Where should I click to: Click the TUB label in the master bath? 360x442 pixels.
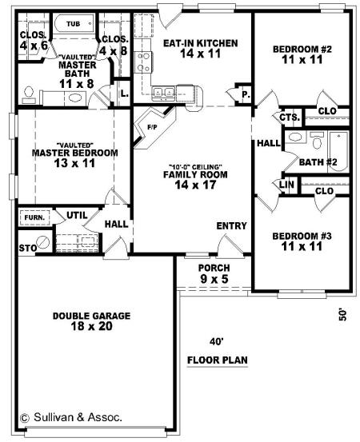click(x=74, y=24)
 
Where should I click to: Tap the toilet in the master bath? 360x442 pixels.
click(x=29, y=95)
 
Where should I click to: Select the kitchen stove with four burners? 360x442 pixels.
click(x=143, y=62)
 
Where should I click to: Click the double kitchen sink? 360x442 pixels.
click(x=163, y=92)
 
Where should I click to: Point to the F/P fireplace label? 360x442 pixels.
click(x=152, y=127)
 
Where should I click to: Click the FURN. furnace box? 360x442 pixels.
click(x=34, y=217)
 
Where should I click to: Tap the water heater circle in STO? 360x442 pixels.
click(x=43, y=241)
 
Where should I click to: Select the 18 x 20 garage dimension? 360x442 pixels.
click(x=92, y=326)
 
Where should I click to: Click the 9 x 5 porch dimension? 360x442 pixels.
click(x=214, y=279)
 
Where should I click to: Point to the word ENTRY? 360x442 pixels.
click(x=232, y=225)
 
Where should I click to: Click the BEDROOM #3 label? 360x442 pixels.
click(x=302, y=236)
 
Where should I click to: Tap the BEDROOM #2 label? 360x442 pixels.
click(x=302, y=50)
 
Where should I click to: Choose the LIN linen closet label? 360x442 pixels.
click(x=287, y=185)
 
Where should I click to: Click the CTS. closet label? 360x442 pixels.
click(x=290, y=117)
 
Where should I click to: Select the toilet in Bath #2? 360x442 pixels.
click(x=317, y=141)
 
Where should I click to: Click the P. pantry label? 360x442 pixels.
click(x=246, y=94)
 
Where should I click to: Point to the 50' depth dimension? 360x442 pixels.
click(x=342, y=315)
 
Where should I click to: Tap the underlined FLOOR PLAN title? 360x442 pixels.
click(x=218, y=360)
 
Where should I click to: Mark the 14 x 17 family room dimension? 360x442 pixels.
click(x=195, y=185)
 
